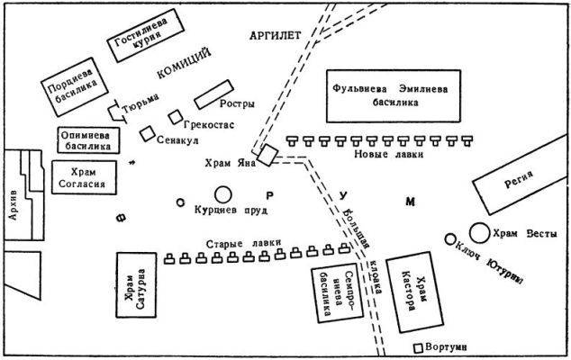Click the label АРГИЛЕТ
(276, 35)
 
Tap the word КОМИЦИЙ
(185, 63)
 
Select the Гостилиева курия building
(146, 35)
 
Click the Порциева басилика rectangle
(74, 87)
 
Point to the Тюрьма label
(140, 103)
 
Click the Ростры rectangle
(213, 94)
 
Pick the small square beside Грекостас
(176, 117)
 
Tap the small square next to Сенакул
(148, 133)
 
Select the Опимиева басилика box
(88, 140)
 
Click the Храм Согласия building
(84, 177)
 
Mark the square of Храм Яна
(267, 155)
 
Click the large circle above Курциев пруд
(223, 194)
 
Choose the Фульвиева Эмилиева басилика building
(394, 96)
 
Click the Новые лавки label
(389, 154)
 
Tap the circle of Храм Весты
(480, 233)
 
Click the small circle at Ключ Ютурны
(450, 239)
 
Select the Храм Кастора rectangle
(414, 292)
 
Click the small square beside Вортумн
(419, 348)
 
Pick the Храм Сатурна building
(136, 285)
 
